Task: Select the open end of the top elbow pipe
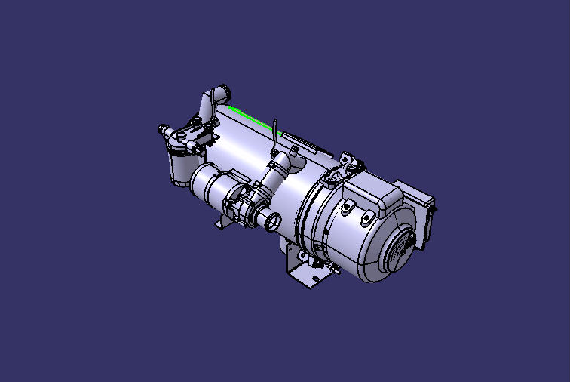tap(223, 94)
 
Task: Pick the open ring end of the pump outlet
tap(272, 222)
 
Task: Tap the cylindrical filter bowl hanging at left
tap(181, 167)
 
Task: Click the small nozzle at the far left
tap(161, 129)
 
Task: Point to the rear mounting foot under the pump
tap(223, 223)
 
